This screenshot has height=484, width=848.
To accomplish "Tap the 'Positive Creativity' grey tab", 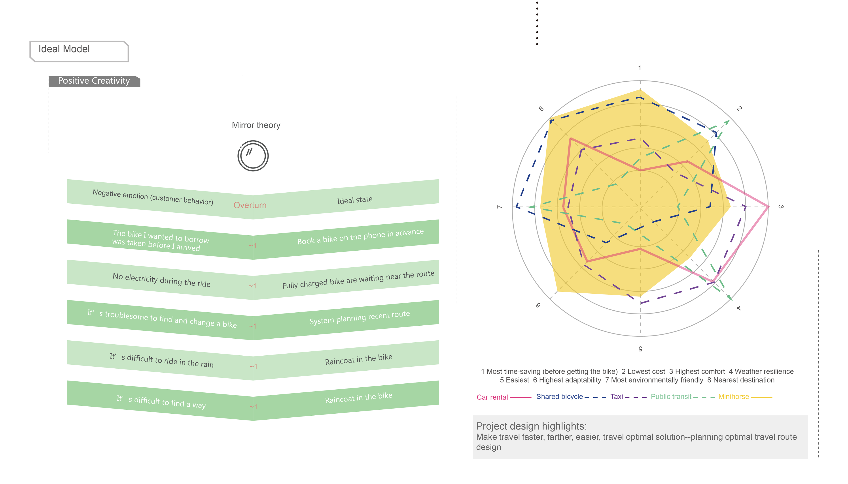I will point(94,81).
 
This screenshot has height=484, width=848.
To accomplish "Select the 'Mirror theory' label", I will point(256,125).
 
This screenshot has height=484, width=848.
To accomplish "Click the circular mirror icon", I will point(253,156).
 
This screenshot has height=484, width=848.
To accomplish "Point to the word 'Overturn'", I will point(250,205).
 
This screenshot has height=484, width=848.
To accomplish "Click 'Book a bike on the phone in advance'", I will point(360,236).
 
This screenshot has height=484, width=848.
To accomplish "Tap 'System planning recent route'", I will point(359,317).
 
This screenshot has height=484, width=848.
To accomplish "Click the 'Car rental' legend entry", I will point(492,397).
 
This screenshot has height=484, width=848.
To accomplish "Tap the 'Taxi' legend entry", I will point(616,397).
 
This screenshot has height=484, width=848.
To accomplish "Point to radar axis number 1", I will point(639,68).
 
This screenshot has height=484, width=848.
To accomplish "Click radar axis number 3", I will point(781,207).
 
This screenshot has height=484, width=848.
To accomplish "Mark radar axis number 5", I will point(640,348).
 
